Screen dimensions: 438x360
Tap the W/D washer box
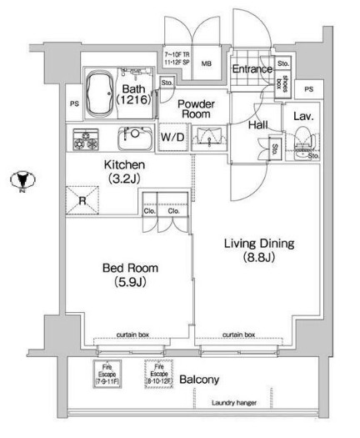click(x=172, y=138)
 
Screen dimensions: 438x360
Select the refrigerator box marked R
click(x=83, y=200)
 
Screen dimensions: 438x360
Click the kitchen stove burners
click(x=86, y=138)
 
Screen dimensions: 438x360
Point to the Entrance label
click(x=252, y=69)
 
